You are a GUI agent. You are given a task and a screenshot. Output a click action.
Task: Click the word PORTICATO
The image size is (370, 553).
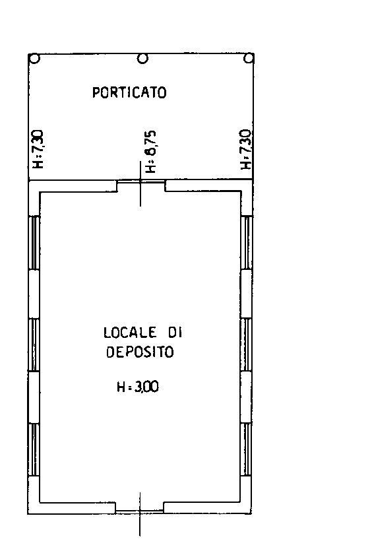click(x=129, y=92)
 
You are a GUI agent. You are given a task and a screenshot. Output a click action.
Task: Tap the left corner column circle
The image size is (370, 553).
click(x=34, y=58)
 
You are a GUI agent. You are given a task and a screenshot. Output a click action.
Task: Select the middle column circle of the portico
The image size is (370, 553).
click(x=142, y=58)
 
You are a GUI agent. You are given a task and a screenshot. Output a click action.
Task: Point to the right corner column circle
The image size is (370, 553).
click(x=249, y=58)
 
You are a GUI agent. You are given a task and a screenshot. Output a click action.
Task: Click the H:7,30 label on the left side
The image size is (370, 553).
click(x=38, y=149)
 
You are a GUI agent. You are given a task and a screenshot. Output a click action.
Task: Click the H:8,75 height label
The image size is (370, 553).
click(x=150, y=152)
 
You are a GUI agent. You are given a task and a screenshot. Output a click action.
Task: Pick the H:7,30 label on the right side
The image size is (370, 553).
click(x=245, y=149)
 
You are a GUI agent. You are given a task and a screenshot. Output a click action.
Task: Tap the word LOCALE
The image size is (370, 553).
click(x=130, y=333)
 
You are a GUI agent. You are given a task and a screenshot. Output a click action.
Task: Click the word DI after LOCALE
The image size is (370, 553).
click(x=175, y=333)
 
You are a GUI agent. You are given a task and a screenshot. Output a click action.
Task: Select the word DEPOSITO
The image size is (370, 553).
click(x=140, y=352)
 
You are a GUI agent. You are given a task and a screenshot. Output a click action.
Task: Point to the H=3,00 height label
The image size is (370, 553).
click(x=138, y=387)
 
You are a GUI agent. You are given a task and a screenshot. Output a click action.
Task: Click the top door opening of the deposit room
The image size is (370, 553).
click(x=141, y=182)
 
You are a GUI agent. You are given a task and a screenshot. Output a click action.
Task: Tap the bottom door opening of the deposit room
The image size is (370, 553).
click(x=140, y=510)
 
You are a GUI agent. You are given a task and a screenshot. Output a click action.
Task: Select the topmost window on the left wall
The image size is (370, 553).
click(x=34, y=243)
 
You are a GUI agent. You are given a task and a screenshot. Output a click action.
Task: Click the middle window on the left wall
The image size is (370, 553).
click(x=34, y=344)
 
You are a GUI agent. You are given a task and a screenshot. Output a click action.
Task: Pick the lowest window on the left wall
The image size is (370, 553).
click(x=34, y=449)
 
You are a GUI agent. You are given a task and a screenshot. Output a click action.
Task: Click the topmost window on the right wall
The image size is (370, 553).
click(x=247, y=243)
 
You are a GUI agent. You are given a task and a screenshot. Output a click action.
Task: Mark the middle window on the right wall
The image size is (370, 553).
click(x=247, y=344)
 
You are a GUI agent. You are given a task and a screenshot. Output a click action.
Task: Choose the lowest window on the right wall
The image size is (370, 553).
click(x=247, y=449)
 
